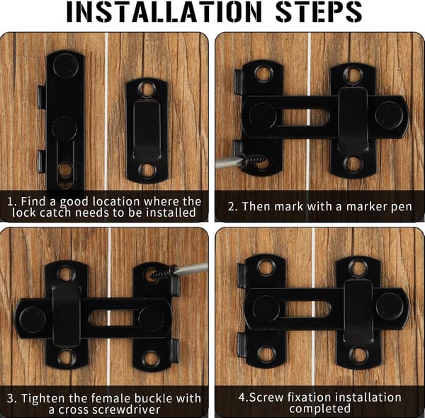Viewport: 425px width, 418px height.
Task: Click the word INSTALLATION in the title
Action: (x=164, y=12)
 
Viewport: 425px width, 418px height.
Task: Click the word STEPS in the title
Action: (x=319, y=12)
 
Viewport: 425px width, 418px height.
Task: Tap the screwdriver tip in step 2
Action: (x=241, y=162)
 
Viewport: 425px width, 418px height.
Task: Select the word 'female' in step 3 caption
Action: (x=111, y=398)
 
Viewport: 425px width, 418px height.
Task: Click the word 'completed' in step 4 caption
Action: (x=320, y=409)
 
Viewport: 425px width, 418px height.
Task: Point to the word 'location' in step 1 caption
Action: (x=116, y=202)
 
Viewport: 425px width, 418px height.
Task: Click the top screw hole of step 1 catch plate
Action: (x=147, y=89)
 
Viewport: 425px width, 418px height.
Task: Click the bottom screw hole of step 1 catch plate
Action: (x=147, y=169)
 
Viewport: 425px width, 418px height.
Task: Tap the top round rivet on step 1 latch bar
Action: (x=66, y=66)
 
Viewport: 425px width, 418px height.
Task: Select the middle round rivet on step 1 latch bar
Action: (x=64, y=128)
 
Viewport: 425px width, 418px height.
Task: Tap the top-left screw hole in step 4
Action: (x=266, y=267)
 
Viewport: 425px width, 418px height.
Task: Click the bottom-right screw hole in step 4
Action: (x=358, y=355)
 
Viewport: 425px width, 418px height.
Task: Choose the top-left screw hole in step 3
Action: (x=66, y=273)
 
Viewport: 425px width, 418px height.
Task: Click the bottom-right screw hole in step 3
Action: (x=151, y=358)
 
